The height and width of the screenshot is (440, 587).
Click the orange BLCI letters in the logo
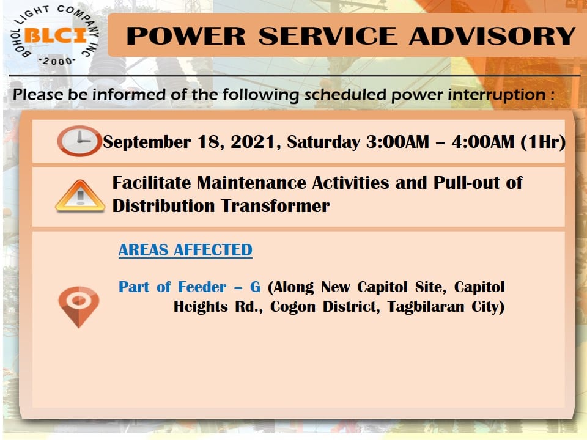pos(56,35)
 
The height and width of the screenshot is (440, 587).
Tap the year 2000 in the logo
pos(57,61)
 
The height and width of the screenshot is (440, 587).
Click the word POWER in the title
pos(186,36)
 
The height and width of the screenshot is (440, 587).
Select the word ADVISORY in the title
pos(492,36)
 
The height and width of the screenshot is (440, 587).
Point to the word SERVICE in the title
pos(328,36)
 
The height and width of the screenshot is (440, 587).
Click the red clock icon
pos(79,141)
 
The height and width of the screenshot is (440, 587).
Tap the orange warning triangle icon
pos(79,196)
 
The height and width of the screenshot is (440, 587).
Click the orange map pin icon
pos(79,307)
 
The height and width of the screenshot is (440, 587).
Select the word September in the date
pos(147,142)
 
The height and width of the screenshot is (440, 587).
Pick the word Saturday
pos(323,142)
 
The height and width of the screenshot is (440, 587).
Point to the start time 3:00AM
pos(397,142)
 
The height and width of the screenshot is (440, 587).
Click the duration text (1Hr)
pos(543,142)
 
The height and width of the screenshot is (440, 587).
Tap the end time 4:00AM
pos(482,142)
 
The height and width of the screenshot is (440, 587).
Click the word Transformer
pos(275,206)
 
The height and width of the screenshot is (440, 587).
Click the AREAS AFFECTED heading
pos(185,250)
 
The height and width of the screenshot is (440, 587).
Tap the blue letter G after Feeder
pos(256,287)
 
